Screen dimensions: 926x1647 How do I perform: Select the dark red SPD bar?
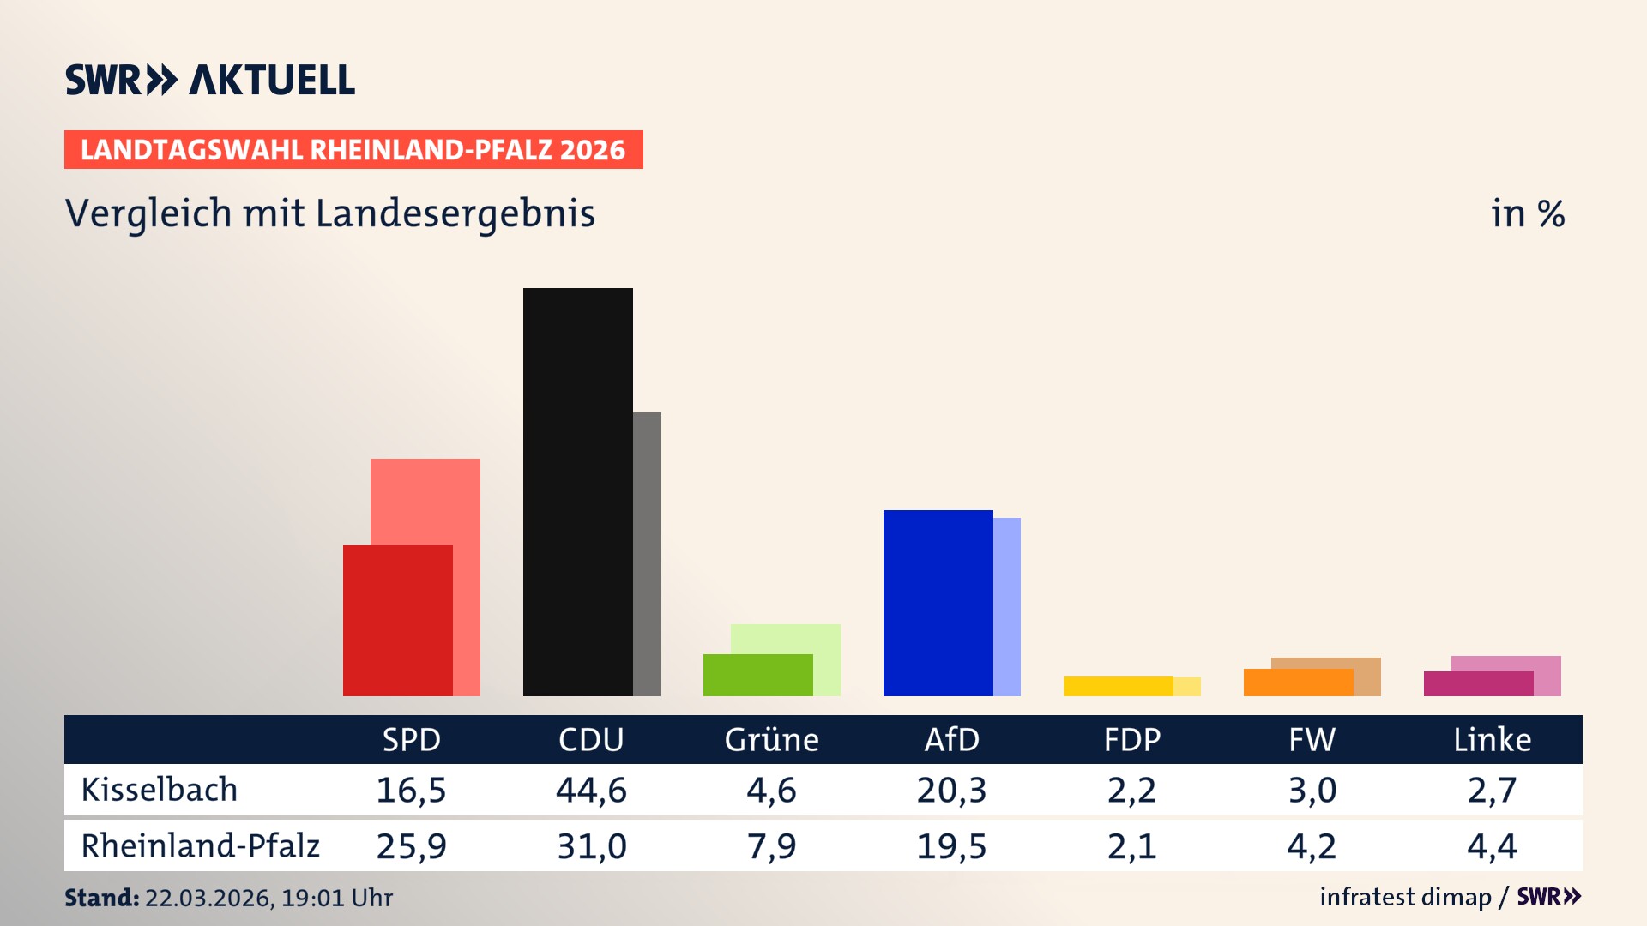pyautogui.click(x=397, y=620)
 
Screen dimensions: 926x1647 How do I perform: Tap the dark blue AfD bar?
pyautogui.click(x=938, y=603)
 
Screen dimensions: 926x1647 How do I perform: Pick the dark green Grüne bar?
pyautogui.click(x=757, y=675)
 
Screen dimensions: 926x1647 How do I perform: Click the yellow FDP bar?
pyautogui.click(x=1118, y=686)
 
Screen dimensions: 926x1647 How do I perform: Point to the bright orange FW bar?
pyautogui.click(x=1298, y=682)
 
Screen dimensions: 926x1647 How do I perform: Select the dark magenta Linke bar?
pyautogui.click(x=1478, y=683)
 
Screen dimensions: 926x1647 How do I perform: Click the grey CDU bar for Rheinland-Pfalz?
pyautogui.click(x=647, y=553)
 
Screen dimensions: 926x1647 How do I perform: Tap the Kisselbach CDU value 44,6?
pyautogui.click(x=591, y=790)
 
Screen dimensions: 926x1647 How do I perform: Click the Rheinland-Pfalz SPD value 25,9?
pyautogui.click(x=411, y=846)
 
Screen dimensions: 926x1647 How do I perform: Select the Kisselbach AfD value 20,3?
pyautogui.click(x=951, y=790)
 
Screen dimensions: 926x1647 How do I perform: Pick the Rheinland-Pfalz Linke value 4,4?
pyautogui.click(x=1492, y=846)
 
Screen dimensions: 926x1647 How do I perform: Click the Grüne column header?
pyautogui.click(x=771, y=739)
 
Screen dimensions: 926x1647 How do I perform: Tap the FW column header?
pyautogui.click(x=1312, y=739)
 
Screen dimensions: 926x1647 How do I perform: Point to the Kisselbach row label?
pyautogui.click(x=159, y=790)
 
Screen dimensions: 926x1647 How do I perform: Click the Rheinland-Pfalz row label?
pyautogui.click(x=200, y=846)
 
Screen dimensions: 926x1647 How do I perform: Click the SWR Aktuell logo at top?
pyautogui.click(x=209, y=80)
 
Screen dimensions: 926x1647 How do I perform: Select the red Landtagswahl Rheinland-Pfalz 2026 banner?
pyautogui.click(x=353, y=149)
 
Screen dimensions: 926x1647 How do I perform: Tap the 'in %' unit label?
pyautogui.click(x=1527, y=213)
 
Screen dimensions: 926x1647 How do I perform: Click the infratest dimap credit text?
pyautogui.click(x=1405, y=897)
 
